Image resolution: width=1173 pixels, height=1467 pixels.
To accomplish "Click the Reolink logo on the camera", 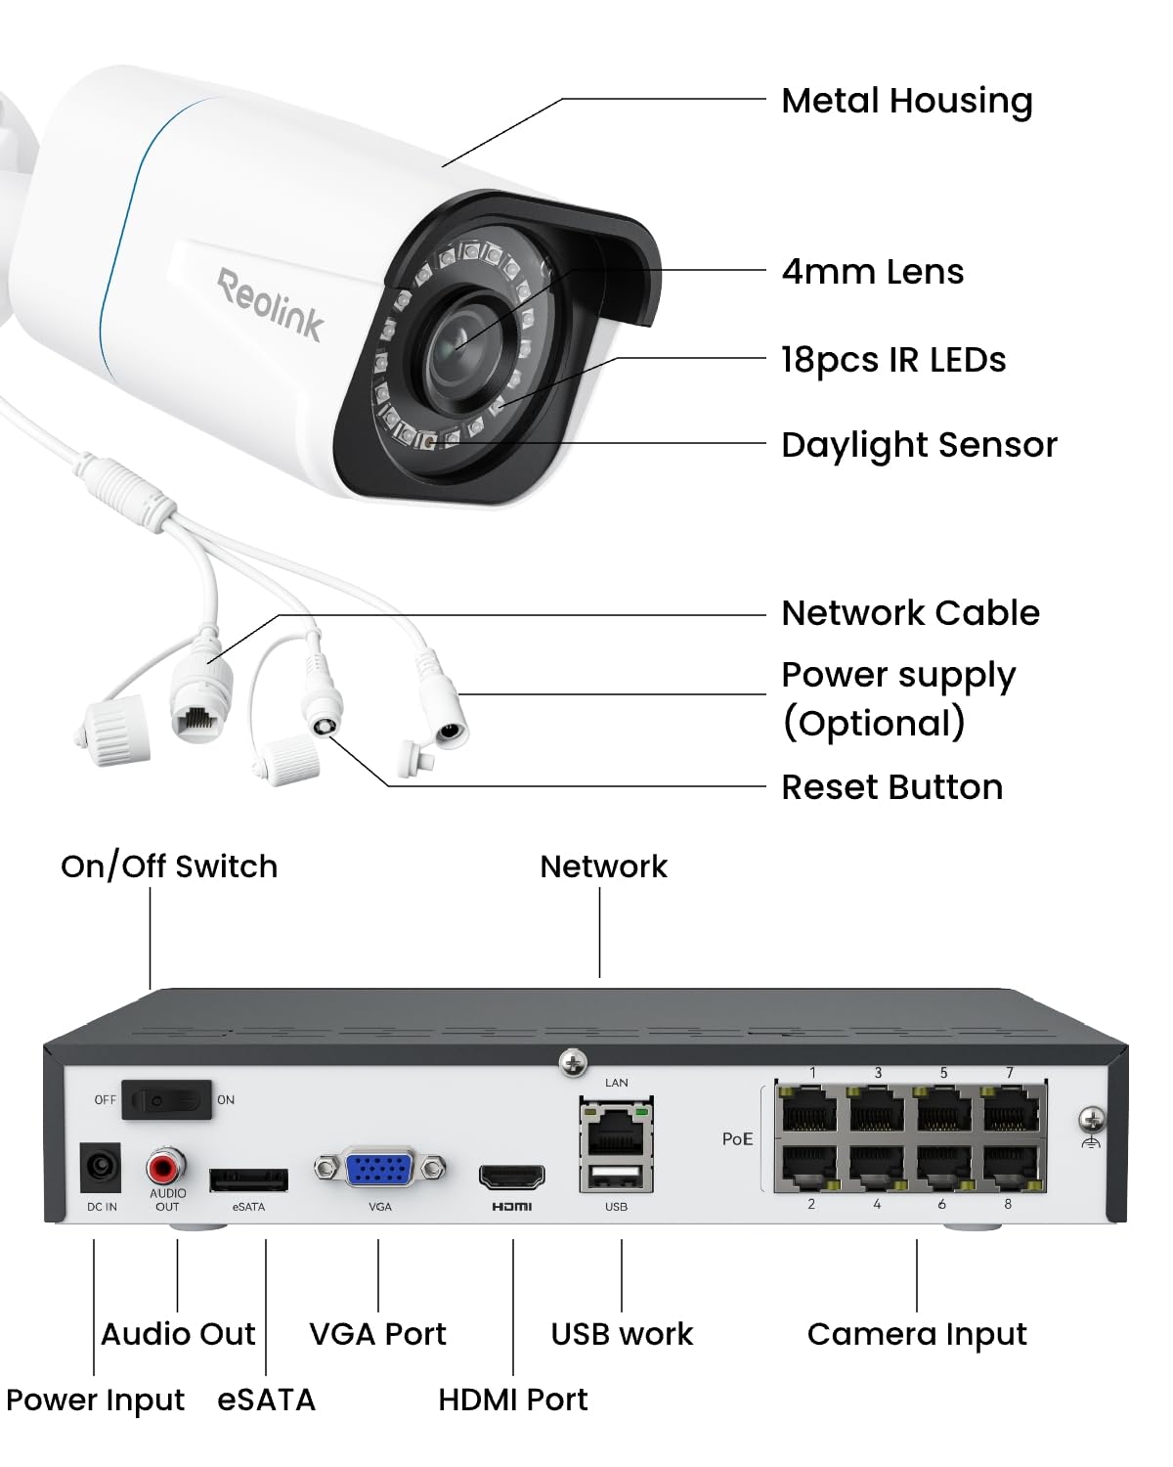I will [270, 304].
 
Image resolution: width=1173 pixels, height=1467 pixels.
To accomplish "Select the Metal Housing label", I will [906, 101].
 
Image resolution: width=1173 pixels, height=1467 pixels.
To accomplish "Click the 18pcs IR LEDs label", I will [892, 360].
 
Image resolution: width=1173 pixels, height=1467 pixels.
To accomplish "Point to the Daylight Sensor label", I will [919, 445].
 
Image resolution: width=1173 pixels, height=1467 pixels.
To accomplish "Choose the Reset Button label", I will [891, 787].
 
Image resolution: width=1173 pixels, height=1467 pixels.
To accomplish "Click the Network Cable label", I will [910, 613].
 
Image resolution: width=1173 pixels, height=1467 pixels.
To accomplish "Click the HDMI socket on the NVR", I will [511, 1176].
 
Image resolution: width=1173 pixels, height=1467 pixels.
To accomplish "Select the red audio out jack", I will [166, 1166].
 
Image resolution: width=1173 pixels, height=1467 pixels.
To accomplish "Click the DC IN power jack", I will [101, 1168].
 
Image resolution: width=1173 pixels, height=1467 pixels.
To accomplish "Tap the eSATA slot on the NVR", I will [248, 1179].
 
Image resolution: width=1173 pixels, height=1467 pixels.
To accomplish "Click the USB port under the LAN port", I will [616, 1177].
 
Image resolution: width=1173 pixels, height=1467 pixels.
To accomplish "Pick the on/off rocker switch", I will [171, 1100].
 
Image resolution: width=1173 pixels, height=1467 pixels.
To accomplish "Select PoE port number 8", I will [1011, 1166].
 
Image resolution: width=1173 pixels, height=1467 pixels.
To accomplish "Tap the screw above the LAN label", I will [573, 1062].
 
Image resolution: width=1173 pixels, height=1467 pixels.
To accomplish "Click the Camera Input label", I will [917, 1334].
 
